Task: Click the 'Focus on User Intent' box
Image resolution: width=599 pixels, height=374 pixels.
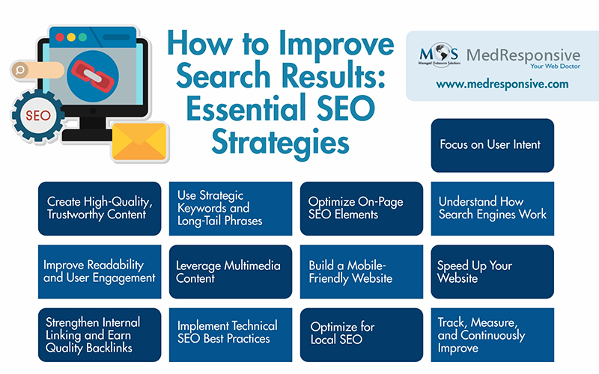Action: (492, 145)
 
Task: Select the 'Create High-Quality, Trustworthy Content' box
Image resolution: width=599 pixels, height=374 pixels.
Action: (100, 209)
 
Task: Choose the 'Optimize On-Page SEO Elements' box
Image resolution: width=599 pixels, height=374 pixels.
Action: (362, 209)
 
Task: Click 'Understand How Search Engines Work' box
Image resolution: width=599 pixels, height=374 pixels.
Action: (492, 209)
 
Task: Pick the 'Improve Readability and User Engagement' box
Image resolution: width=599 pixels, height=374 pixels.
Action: (100, 272)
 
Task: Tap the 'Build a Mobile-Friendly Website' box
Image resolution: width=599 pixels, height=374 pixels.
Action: (362, 272)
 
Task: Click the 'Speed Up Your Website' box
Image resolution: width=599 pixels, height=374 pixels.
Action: (492, 272)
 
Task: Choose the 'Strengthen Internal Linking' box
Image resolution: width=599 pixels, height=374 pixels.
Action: (100, 334)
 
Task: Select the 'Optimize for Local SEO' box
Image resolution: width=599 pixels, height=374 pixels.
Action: (362, 334)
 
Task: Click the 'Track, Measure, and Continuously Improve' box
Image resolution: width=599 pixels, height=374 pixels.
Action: (492, 334)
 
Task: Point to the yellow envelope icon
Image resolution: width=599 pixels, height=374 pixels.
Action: (139, 140)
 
